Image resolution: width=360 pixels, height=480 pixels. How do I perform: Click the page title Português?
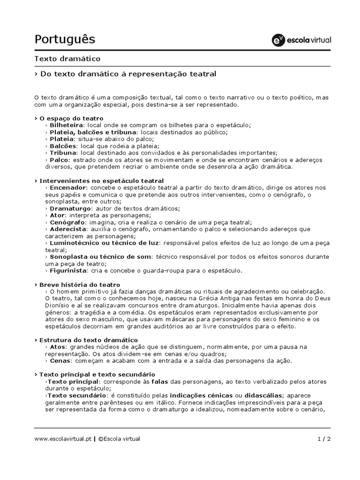pyautogui.click(x=65, y=39)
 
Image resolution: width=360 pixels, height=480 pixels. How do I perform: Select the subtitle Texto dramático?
pyautogui.click(x=67, y=59)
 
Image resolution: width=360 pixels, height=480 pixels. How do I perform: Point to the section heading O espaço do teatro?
pyautogui.click(x=71, y=119)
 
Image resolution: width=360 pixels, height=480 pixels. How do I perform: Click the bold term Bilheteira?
pyautogui.click(x=67, y=125)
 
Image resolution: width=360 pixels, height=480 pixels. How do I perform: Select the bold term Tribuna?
pyautogui.click(x=63, y=153)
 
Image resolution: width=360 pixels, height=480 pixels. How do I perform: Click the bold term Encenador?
pyautogui.click(x=68, y=187)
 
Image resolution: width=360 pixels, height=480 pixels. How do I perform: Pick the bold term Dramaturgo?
pyautogui.click(x=70, y=208)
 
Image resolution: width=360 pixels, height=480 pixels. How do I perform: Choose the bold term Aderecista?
pyautogui.click(x=68, y=229)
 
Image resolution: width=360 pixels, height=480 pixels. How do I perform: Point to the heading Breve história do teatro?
pyautogui.click(x=80, y=285)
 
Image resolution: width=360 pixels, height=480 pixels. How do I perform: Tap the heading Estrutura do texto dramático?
pyautogui.click(x=88, y=339)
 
